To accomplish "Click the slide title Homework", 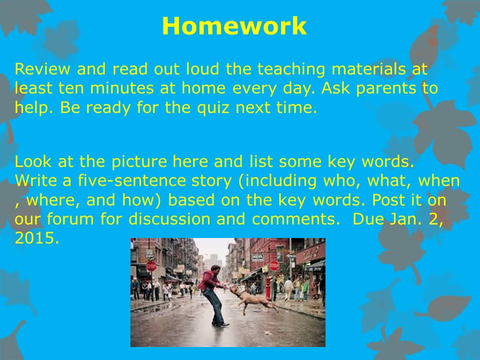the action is point(234,26).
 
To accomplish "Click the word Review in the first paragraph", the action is point(42,69).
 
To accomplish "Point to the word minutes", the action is point(121,88).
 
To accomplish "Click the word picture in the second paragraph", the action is point(139,162).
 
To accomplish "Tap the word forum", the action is point(70,219).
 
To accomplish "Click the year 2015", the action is point(36,238).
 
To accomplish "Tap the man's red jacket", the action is point(209,279).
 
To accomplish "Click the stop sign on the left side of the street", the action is point(151,266).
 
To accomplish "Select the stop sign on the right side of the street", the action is point(274,265).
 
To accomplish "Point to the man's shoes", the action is point(220,324).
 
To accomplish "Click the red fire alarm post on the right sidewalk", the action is point(268,288).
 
